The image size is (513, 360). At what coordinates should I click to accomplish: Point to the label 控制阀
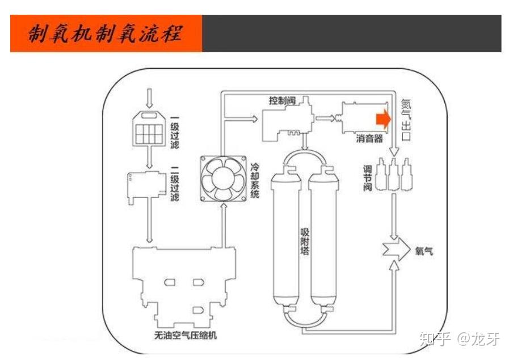(282, 100)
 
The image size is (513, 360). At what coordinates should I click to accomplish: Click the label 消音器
(369, 138)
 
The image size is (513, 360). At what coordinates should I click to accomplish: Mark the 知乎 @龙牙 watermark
(460, 339)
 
